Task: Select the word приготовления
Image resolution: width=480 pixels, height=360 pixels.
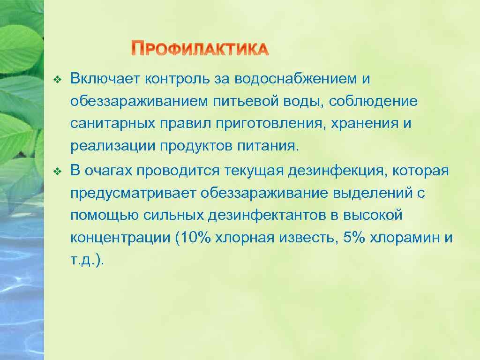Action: click(x=270, y=124)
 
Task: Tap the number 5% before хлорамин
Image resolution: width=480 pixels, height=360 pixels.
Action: click(x=354, y=238)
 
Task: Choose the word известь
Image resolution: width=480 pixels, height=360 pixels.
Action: click(x=311, y=238)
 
